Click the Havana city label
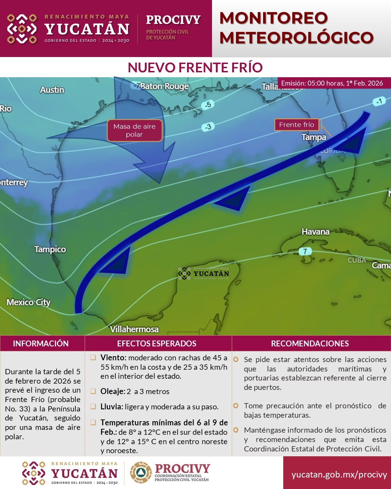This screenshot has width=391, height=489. [x=315, y=232]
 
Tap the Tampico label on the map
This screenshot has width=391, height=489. [x=50, y=249]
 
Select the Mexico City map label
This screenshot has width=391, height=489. [x=28, y=302]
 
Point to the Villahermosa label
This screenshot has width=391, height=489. [x=134, y=329]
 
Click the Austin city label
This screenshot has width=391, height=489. [x=52, y=90]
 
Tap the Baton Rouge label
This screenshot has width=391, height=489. [x=164, y=86]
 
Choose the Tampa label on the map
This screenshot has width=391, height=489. [x=314, y=137]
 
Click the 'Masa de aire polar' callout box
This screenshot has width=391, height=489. [x=135, y=130]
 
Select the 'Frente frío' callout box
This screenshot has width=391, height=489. [x=296, y=125]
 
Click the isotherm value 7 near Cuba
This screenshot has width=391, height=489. [x=305, y=251]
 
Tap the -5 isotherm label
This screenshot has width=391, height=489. [x=207, y=104]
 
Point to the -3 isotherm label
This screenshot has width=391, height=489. [x=207, y=127]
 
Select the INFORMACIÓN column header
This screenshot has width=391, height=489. [x=41, y=344]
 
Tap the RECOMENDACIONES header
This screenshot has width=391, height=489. [x=310, y=344]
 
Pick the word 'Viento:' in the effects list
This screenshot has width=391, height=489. [x=113, y=358]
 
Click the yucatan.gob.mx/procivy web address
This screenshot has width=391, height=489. [x=339, y=475]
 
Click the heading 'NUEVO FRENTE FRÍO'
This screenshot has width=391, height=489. [x=195, y=67]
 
